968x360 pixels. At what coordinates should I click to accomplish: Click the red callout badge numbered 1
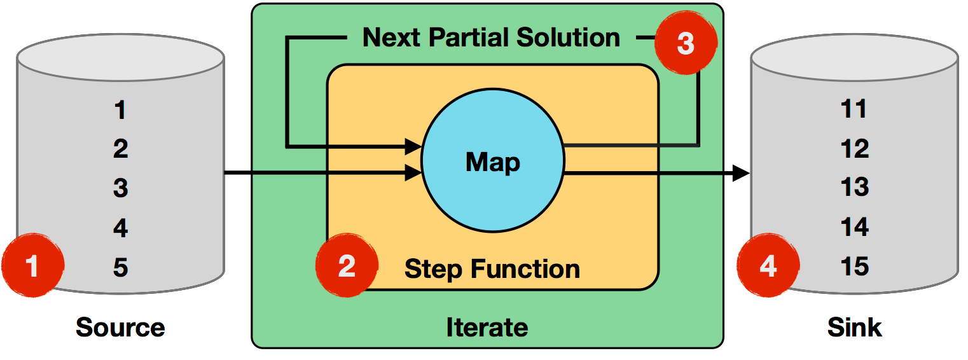click(x=32, y=266)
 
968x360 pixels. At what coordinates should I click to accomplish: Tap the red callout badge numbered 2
click(x=347, y=266)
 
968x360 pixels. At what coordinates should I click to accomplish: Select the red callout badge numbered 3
click(x=686, y=44)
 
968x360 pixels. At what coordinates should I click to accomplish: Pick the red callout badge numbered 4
click(x=768, y=266)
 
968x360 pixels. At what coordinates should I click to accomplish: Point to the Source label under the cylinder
click(x=120, y=328)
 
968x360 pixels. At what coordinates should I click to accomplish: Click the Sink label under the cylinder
click(x=854, y=328)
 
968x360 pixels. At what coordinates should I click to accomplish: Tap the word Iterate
click(x=487, y=328)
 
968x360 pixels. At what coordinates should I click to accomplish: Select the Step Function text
click(x=492, y=269)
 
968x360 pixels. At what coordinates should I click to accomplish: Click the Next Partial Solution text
click(x=491, y=38)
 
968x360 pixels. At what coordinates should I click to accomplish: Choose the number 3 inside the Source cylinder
click(x=121, y=188)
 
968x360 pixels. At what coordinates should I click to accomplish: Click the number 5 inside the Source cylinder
click(x=121, y=267)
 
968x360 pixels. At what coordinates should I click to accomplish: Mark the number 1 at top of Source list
click(x=121, y=111)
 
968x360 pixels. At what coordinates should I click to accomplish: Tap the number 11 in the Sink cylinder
click(x=854, y=109)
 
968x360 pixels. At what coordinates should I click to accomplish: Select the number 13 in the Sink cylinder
click(x=854, y=188)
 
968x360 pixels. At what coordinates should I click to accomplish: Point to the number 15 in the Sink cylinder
click(x=854, y=266)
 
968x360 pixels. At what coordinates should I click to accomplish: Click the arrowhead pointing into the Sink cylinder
click(x=742, y=172)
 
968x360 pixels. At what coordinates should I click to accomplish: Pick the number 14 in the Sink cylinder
click(x=854, y=227)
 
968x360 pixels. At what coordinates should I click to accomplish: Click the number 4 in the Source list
click(x=121, y=228)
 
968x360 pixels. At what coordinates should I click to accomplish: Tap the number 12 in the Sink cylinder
click(x=854, y=149)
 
